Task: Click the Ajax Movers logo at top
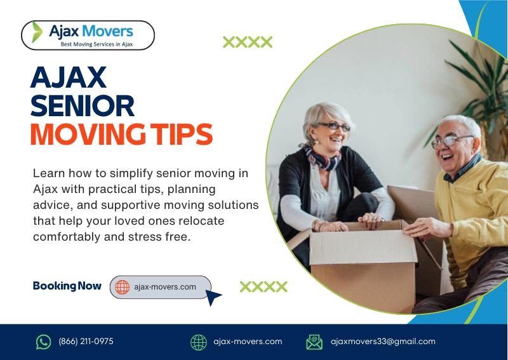tap(88, 34)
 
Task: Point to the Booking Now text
tap(67, 286)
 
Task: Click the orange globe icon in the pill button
tap(122, 287)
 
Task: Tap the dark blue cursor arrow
tap(213, 297)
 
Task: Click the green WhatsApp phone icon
tap(43, 342)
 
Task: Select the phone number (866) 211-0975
tap(86, 342)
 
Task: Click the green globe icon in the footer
tap(199, 342)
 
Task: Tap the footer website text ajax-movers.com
tap(248, 342)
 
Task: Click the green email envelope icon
tap(314, 342)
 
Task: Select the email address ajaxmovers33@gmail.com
tap(383, 342)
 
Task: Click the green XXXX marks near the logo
tap(248, 43)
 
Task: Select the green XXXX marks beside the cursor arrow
tap(264, 286)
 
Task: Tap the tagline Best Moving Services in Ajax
tap(97, 44)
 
